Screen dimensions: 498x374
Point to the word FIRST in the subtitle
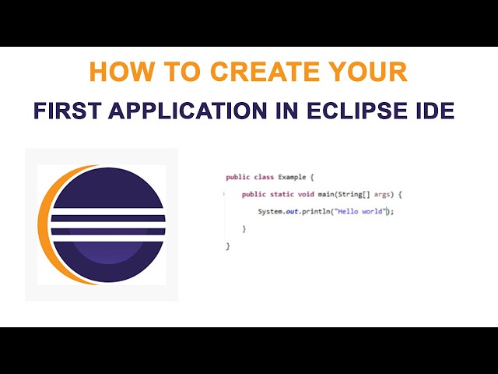click(68, 111)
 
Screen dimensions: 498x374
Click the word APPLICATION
click(188, 111)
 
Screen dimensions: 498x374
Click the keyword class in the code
click(264, 177)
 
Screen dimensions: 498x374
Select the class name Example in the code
click(293, 177)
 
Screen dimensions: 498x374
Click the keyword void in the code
click(306, 194)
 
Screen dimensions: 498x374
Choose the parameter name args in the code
click(382, 195)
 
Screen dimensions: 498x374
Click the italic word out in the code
click(292, 211)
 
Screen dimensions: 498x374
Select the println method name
click(316, 211)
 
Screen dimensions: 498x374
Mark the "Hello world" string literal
click(362, 211)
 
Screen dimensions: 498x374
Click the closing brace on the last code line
click(228, 246)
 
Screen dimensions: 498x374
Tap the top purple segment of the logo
click(108, 188)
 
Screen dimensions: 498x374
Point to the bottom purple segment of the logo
click(108, 262)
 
